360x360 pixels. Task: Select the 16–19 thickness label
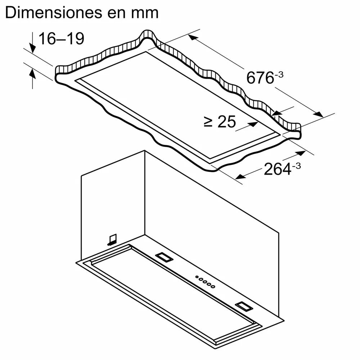tap(61, 39)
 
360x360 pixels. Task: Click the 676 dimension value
tap(260, 78)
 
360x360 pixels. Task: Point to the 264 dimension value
tap(277, 169)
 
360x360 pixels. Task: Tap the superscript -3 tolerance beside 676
tap(279, 75)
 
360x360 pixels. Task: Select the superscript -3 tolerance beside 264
tap(297, 166)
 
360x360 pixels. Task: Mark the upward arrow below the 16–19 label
tap(32, 74)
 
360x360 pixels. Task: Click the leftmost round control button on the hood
tap(197, 277)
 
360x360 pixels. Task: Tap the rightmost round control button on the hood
tap(213, 287)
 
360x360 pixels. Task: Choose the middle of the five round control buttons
tap(205, 282)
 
